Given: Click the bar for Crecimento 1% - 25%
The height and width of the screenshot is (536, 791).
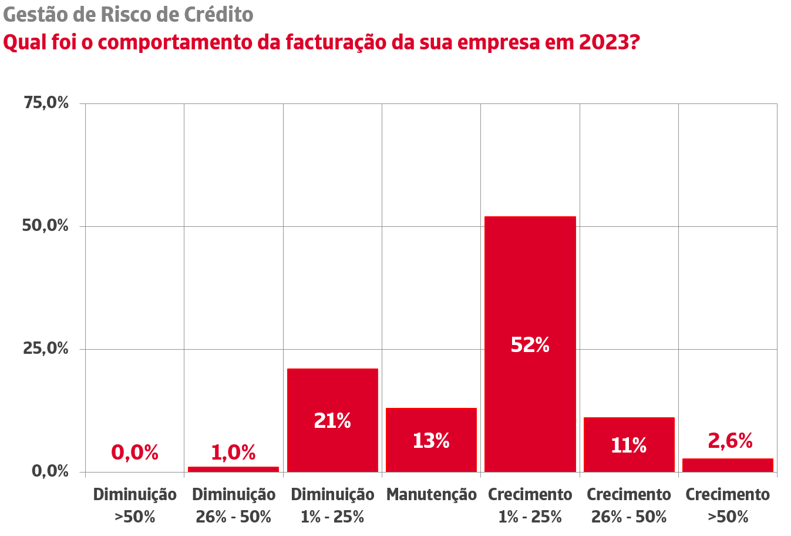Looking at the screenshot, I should pyautogui.click(x=530, y=282).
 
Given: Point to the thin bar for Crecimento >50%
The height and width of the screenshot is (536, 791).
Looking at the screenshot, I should pyautogui.click(x=728, y=465).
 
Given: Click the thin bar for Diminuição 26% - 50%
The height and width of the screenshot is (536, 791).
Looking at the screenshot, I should pyautogui.click(x=233, y=469).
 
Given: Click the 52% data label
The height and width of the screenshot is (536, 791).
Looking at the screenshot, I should pyautogui.click(x=530, y=345).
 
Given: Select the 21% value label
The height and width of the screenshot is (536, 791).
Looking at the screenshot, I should pyautogui.click(x=332, y=421).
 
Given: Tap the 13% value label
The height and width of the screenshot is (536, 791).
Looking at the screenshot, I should pyautogui.click(x=431, y=441).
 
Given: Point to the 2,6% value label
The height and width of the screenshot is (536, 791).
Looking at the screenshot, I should pyautogui.click(x=730, y=441).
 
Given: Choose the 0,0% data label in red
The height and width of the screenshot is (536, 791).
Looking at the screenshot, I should pyautogui.click(x=135, y=453).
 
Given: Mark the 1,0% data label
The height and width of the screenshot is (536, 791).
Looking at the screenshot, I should pyautogui.click(x=233, y=453).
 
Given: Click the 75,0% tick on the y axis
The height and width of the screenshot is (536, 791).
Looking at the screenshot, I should pyautogui.click(x=46, y=103).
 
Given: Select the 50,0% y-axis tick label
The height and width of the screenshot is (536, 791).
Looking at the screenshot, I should pyautogui.click(x=46, y=226).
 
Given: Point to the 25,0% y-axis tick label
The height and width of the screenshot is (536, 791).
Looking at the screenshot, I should pyautogui.click(x=46, y=349).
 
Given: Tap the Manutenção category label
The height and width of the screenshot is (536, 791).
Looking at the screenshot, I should pyautogui.click(x=431, y=495).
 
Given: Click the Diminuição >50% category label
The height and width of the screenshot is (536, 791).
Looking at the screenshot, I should pyautogui.click(x=135, y=505).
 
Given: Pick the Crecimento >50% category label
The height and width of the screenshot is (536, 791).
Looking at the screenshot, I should pyautogui.click(x=728, y=505).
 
